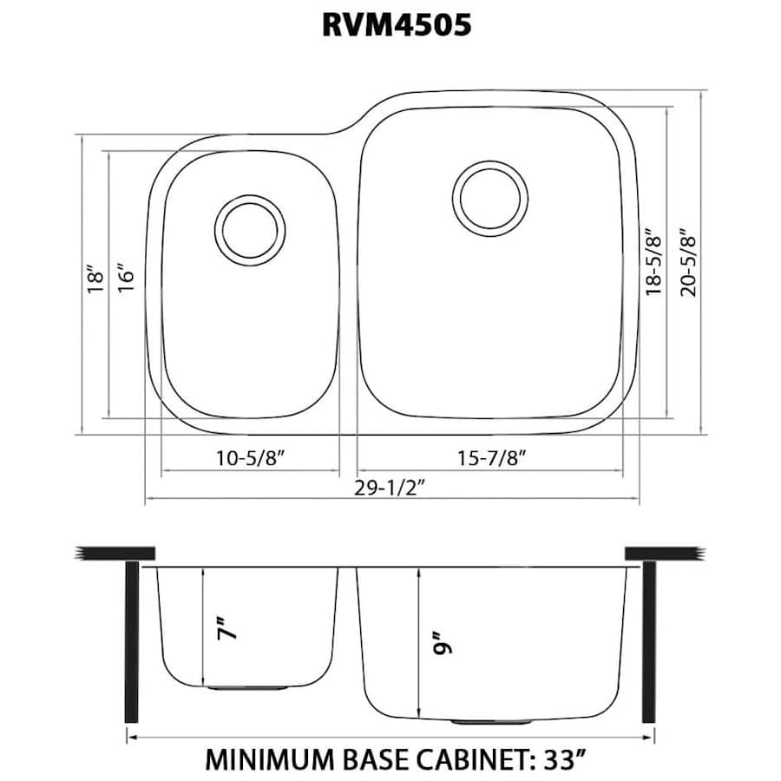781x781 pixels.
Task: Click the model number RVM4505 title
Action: (x=397, y=25)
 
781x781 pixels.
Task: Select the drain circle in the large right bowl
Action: (x=490, y=197)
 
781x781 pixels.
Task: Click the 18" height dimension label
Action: (x=95, y=279)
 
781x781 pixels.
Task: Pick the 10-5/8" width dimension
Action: (x=250, y=457)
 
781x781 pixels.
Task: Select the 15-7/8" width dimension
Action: (x=491, y=457)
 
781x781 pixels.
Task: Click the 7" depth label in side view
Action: (x=226, y=627)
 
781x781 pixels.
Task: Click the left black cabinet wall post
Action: (x=132, y=640)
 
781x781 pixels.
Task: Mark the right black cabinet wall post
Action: (x=649, y=640)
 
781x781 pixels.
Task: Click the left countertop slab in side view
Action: (x=116, y=553)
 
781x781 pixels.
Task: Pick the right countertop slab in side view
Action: (x=663, y=553)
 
